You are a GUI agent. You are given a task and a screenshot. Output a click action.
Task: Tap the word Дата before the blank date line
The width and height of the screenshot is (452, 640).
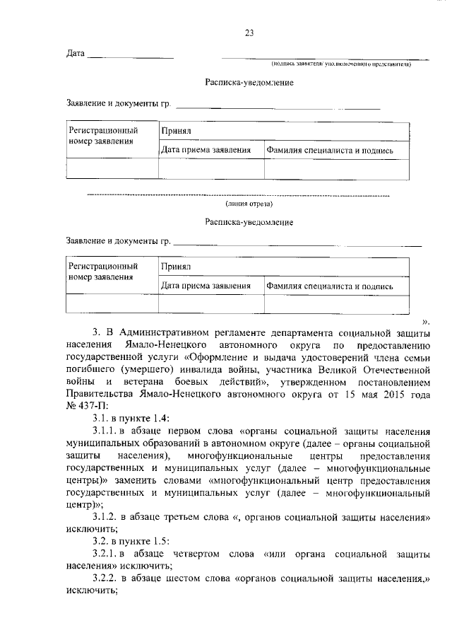pyautogui.click(x=76, y=54)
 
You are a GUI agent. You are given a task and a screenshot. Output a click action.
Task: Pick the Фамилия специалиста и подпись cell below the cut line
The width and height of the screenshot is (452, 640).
pyautogui.click(x=330, y=286)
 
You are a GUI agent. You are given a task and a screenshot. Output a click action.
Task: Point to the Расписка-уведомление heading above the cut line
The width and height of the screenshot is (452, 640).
pyautogui.click(x=249, y=83)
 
